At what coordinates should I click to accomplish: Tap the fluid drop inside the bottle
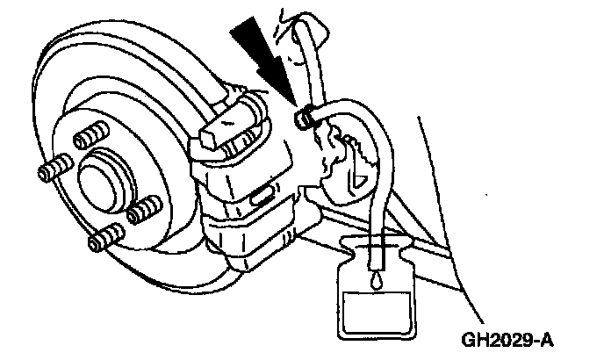click(376, 279)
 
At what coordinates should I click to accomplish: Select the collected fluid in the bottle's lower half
click(375, 312)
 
